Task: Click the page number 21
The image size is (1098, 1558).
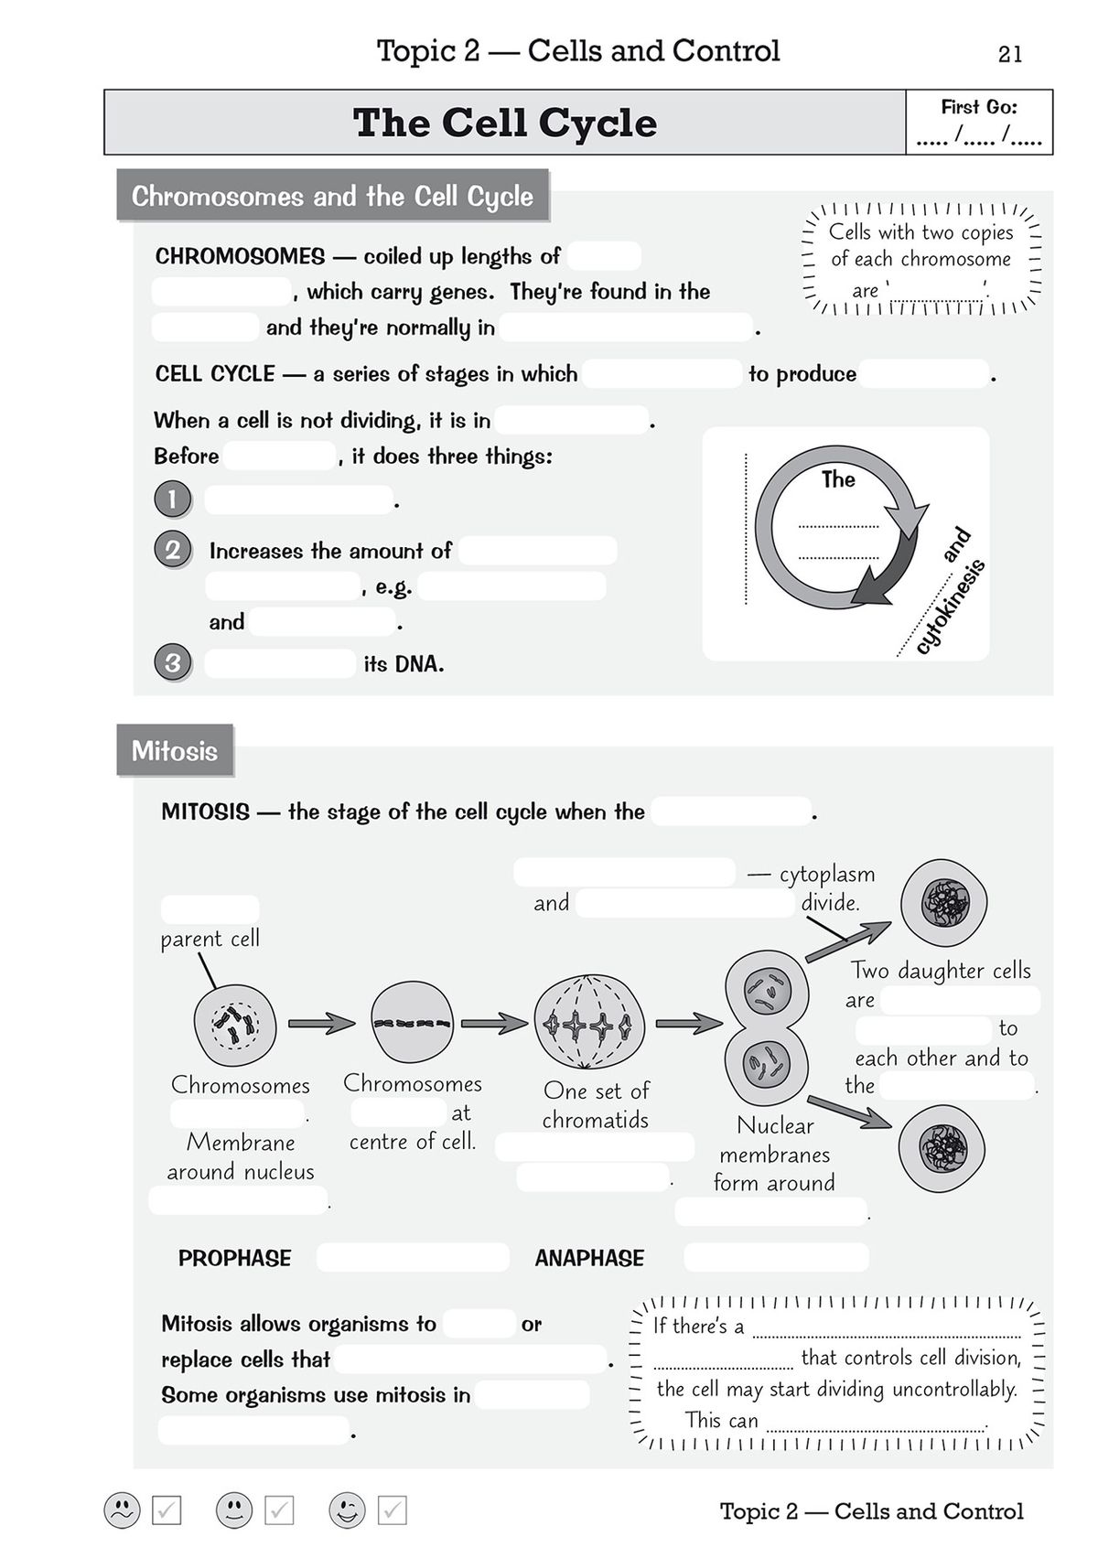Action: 1010,55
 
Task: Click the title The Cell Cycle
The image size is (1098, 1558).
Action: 505,123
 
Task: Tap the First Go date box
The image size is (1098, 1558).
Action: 979,123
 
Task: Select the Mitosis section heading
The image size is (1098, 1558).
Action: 175,751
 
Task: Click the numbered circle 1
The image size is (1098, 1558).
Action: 173,500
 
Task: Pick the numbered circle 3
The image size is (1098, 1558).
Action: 173,661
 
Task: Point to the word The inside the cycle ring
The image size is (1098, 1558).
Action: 838,479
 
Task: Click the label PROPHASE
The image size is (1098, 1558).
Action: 235,1258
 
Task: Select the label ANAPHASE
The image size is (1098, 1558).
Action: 589,1258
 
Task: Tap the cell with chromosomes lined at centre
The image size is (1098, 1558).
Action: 412,1023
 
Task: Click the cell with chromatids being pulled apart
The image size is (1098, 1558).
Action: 588,1023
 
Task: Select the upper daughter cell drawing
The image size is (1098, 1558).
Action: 943,903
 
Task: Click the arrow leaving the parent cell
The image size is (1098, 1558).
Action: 320,1024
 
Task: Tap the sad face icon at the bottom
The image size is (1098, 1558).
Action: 122,1510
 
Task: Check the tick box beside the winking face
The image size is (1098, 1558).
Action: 393,1510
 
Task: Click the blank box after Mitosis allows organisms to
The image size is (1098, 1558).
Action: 480,1324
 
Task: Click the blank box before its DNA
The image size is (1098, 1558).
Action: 280,663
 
